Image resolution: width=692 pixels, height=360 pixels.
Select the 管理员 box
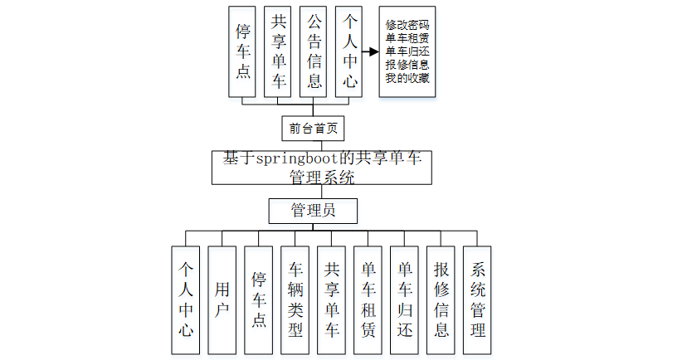313,211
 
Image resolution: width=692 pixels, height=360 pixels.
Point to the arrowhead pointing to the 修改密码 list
373,51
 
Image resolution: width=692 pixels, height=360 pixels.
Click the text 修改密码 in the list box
407,25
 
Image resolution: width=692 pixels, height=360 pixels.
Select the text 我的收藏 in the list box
407,78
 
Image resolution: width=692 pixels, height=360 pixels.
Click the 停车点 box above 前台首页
243,51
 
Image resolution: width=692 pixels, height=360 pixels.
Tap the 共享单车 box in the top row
279,51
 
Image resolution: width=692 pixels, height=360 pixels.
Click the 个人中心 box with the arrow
349,51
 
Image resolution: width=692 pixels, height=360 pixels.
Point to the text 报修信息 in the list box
407,65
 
